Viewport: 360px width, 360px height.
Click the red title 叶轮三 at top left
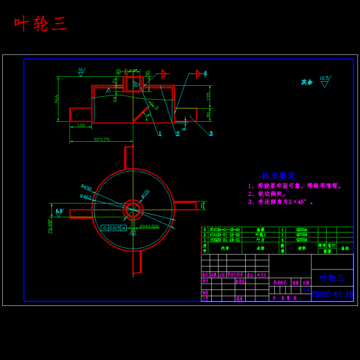(40, 24)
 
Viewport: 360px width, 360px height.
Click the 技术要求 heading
(278, 176)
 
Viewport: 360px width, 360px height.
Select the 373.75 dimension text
(102, 139)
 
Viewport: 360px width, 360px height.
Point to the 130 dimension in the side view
(80, 125)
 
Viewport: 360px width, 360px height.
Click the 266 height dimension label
(57, 99)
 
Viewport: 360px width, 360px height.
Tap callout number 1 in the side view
(160, 134)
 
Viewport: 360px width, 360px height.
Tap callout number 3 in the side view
(211, 134)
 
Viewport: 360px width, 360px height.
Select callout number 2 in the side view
(178, 134)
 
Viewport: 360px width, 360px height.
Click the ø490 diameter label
(87, 187)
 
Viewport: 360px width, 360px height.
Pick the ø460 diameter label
(85, 197)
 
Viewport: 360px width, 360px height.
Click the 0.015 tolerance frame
(114, 227)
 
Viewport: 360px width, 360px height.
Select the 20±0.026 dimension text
(149, 226)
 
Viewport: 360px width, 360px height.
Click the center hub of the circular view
(133, 209)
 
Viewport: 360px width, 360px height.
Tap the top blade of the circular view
(128, 157)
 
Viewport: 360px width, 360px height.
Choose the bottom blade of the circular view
(137, 262)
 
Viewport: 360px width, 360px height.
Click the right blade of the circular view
(185, 206)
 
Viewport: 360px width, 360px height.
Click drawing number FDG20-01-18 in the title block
(332, 294)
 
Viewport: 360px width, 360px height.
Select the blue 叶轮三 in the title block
(332, 278)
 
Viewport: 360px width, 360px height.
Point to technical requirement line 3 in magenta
(280, 202)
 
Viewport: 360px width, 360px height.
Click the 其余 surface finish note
(307, 82)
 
